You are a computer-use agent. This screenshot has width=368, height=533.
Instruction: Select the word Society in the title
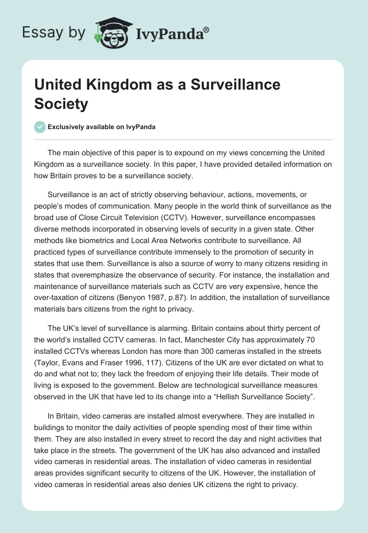click(x=61, y=104)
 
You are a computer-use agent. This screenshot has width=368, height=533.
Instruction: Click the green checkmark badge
click(x=40, y=127)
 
